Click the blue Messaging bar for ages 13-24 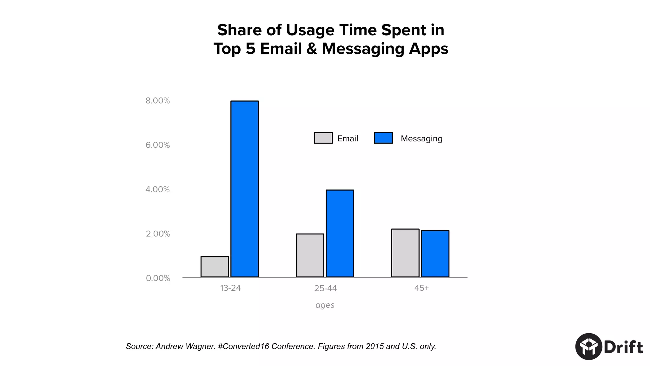tap(244, 189)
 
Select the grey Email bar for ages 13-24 tap(215, 267)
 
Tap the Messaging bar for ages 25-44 tap(340, 234)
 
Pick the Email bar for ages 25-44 tap(310, 255)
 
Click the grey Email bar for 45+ tap(405, 253)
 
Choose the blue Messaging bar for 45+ tap(435, 254)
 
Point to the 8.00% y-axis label tap(158, 101)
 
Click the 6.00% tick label tap(158, 145)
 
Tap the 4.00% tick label tap(158, 189)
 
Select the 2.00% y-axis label tap(158, 234)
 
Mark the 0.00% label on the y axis tap(158, 278)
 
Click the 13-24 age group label tap(230, 288)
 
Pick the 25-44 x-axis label tap(325, 288)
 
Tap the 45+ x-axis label tap(421, 288)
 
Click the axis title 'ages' tap(325, 305)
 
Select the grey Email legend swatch tap(323, 138)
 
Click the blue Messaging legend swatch tap(383, 138)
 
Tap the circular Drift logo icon tap(589, 347)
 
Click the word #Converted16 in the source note tap(243, 346)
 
